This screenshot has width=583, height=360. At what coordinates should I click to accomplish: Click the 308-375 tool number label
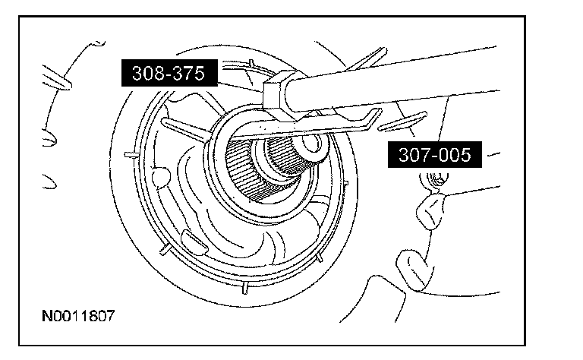pos(169,74)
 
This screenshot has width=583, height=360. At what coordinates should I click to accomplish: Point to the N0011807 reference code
pos(79,314)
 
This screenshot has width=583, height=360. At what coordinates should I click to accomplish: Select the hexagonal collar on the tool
pos(279,90)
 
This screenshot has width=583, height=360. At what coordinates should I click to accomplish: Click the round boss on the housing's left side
pos(160,177)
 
